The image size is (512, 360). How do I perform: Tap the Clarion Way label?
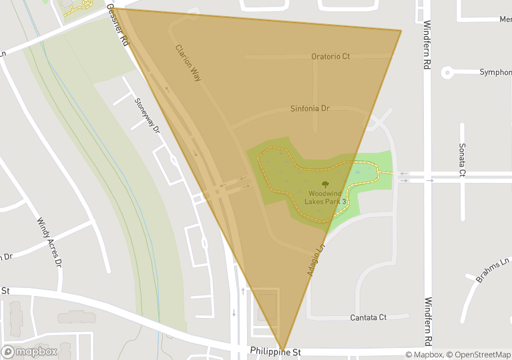(188, 63)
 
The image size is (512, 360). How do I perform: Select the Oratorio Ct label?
(330, 57)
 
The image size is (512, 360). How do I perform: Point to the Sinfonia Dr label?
(310, 108)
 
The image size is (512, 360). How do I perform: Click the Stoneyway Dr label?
(148, 116)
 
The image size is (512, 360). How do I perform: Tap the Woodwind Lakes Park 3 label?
(325, 197)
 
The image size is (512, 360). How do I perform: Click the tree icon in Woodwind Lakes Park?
(325, 184)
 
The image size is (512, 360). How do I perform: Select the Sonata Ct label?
(461, 159)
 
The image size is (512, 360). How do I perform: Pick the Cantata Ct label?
(368, 317)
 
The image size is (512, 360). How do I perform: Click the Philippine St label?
(276, 352)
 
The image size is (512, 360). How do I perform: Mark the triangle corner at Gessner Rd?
(114, 9)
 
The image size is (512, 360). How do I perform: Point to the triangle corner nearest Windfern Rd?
(401, 31)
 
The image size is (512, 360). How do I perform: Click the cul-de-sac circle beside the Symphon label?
(447, 72)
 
